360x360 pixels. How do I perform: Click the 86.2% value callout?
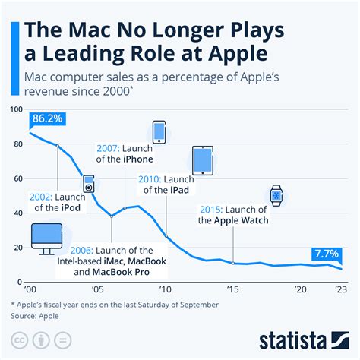tap(47, 119)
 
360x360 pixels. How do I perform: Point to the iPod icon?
tap(89, 183)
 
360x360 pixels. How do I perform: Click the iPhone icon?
tap(159, 131)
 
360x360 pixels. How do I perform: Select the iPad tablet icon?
tap(203, 161)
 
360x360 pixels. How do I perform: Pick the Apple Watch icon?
tap(276, 196)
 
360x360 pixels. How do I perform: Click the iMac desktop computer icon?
tap(46, 238)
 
